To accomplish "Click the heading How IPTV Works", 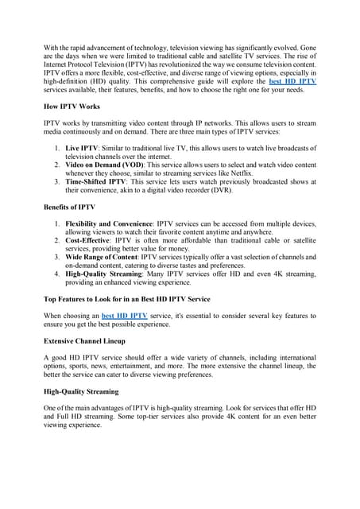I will click(73, 105).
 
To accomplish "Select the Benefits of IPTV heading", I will click(70, 207).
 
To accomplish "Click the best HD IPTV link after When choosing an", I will click(125, 316).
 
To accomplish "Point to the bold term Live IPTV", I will click(83, 149).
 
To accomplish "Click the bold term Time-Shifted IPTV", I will click(99, 182).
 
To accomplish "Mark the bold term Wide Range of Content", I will click(103, 258).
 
